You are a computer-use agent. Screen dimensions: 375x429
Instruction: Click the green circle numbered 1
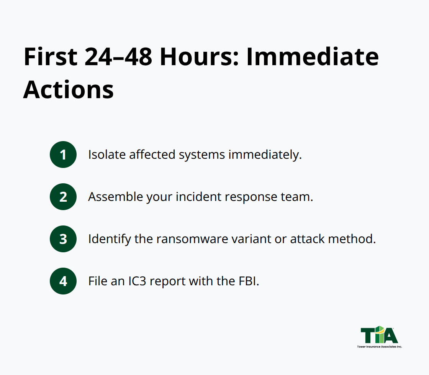(x=63, y=155)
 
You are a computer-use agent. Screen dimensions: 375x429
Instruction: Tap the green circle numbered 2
(x=63, y=197)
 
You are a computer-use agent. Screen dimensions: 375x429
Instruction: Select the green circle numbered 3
(x=63, y=239)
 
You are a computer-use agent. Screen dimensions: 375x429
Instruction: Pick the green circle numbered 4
(x=63, y=281)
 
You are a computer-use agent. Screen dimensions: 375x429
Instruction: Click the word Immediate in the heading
(x=312, y=57)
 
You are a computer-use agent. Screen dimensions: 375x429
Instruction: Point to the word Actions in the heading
(x=69, y=89)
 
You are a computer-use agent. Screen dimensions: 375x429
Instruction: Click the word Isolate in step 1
(x=107, y=155)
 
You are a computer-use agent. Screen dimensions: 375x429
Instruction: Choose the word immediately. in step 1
(x=265, y=155)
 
